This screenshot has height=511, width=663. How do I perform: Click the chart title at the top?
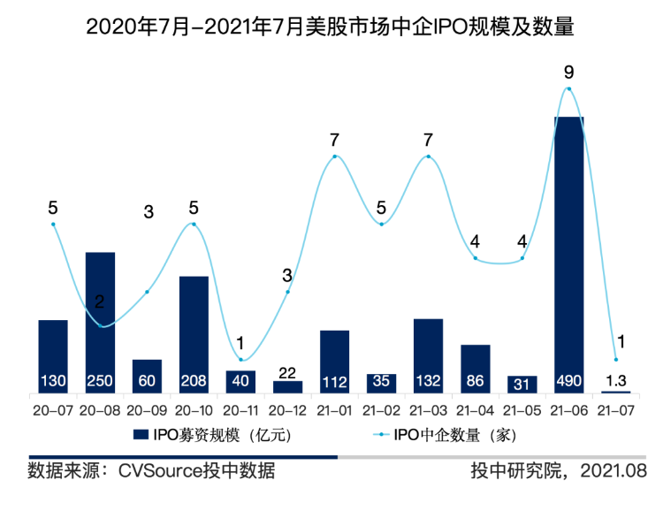pyautogui.click(x=331, y=27)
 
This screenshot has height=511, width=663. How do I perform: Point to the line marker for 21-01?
pyautogui.click(x=334, y=156)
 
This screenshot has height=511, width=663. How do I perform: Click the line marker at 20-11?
pyautogui.click(x=240, y=359)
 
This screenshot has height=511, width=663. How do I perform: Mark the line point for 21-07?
pyautogui.click(x=615, y=359)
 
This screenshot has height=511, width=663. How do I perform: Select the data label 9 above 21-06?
pyautogui.click(x=568, y=70)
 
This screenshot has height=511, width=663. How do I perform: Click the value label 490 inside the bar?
pyautogui.click(x=568, y=382)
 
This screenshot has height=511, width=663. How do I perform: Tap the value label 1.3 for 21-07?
pyautogui.click(x=615, y=381)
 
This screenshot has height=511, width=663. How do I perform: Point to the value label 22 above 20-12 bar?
pyautogui.click(x=287, y=372)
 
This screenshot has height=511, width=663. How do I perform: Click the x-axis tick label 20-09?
pyautogui.click(x=147, y=411)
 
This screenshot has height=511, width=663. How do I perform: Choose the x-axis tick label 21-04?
pyautogui.click(x=475, y=411)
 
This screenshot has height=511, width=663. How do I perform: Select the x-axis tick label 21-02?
pyautogui.click(x=381, y=411)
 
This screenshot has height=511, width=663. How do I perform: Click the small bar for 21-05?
pyautogui.click(x=522, y=384)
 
